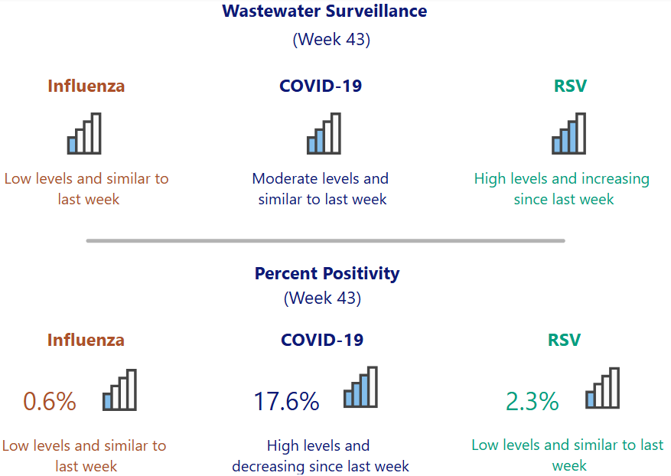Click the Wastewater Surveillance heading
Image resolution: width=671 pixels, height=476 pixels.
[324, 11]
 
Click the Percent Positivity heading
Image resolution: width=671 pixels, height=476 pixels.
[327, 273]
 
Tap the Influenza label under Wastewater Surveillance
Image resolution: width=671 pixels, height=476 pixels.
[86, 86]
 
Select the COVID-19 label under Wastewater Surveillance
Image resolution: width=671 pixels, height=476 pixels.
[321, 86]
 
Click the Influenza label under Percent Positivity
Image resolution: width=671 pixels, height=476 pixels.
[86, 340]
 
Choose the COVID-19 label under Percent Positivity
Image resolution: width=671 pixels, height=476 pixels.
[322, 340]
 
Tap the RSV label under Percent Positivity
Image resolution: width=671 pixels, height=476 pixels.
[564, 340]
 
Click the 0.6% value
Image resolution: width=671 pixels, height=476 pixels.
[50, 401]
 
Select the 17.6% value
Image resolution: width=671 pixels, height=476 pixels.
[286, 401]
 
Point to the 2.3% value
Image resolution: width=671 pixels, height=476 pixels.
[532, 401]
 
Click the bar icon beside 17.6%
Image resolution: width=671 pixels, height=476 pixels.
[360, 387]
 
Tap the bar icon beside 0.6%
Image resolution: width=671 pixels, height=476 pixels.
[120, 390]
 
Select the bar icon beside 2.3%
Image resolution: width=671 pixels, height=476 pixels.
[602, 388]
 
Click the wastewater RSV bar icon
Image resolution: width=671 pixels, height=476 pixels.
[568, 134]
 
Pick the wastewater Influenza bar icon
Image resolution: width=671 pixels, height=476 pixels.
[84, 134]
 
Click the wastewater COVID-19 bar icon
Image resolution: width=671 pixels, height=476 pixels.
[324, 134]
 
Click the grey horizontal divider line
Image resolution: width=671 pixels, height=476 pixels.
[325, 240]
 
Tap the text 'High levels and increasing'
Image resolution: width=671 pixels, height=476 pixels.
[562, 179]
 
